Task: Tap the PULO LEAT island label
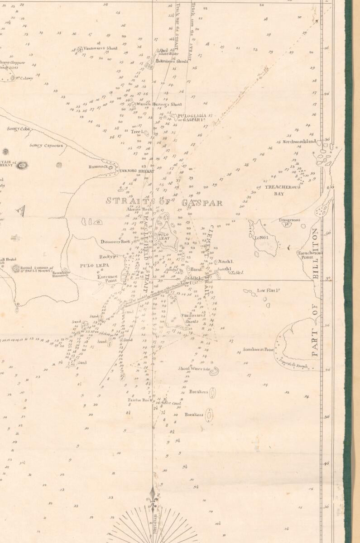tap(163, 237)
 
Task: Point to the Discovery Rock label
tap(115, 242)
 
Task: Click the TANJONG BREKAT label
tap(136, 171)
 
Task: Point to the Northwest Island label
tap(299, 142)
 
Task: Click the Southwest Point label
tap(258, 349)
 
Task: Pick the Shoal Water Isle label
tap(194, 369)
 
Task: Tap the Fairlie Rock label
tap(140, 400)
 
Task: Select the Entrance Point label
tap(107, 278)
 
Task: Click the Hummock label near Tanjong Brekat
tap(98, 167)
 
